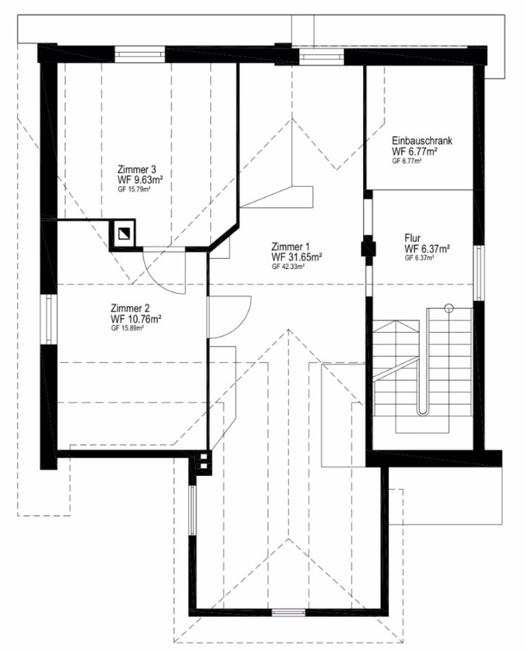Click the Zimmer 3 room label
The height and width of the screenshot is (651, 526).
(x=137, y=170)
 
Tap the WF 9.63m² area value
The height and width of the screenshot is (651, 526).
(x=140, y=180)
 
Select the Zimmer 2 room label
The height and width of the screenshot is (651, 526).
(x=130, y=308)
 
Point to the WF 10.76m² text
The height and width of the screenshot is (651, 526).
(x=136, y=319)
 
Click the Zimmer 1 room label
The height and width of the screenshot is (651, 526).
(x=291, y=247)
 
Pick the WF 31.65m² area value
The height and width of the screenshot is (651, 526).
(x=297, y=257)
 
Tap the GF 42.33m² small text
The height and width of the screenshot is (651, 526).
(x=288, y=266)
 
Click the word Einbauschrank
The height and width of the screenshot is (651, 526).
(x=422, y=140)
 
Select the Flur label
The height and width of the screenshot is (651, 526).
(x=412, y=238)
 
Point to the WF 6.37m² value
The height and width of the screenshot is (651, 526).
(x=427, y=249)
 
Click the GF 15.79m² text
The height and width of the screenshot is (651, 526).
(x=134, y=190)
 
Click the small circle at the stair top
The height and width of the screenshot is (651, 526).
(x=448, y=308)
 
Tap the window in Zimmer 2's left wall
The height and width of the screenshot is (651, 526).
(x=49, y=319)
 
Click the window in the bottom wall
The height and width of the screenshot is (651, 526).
(x=289, y=613)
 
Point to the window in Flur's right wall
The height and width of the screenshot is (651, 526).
(x=479, y=273)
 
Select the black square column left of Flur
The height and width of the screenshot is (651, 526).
(x=368, y=248)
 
